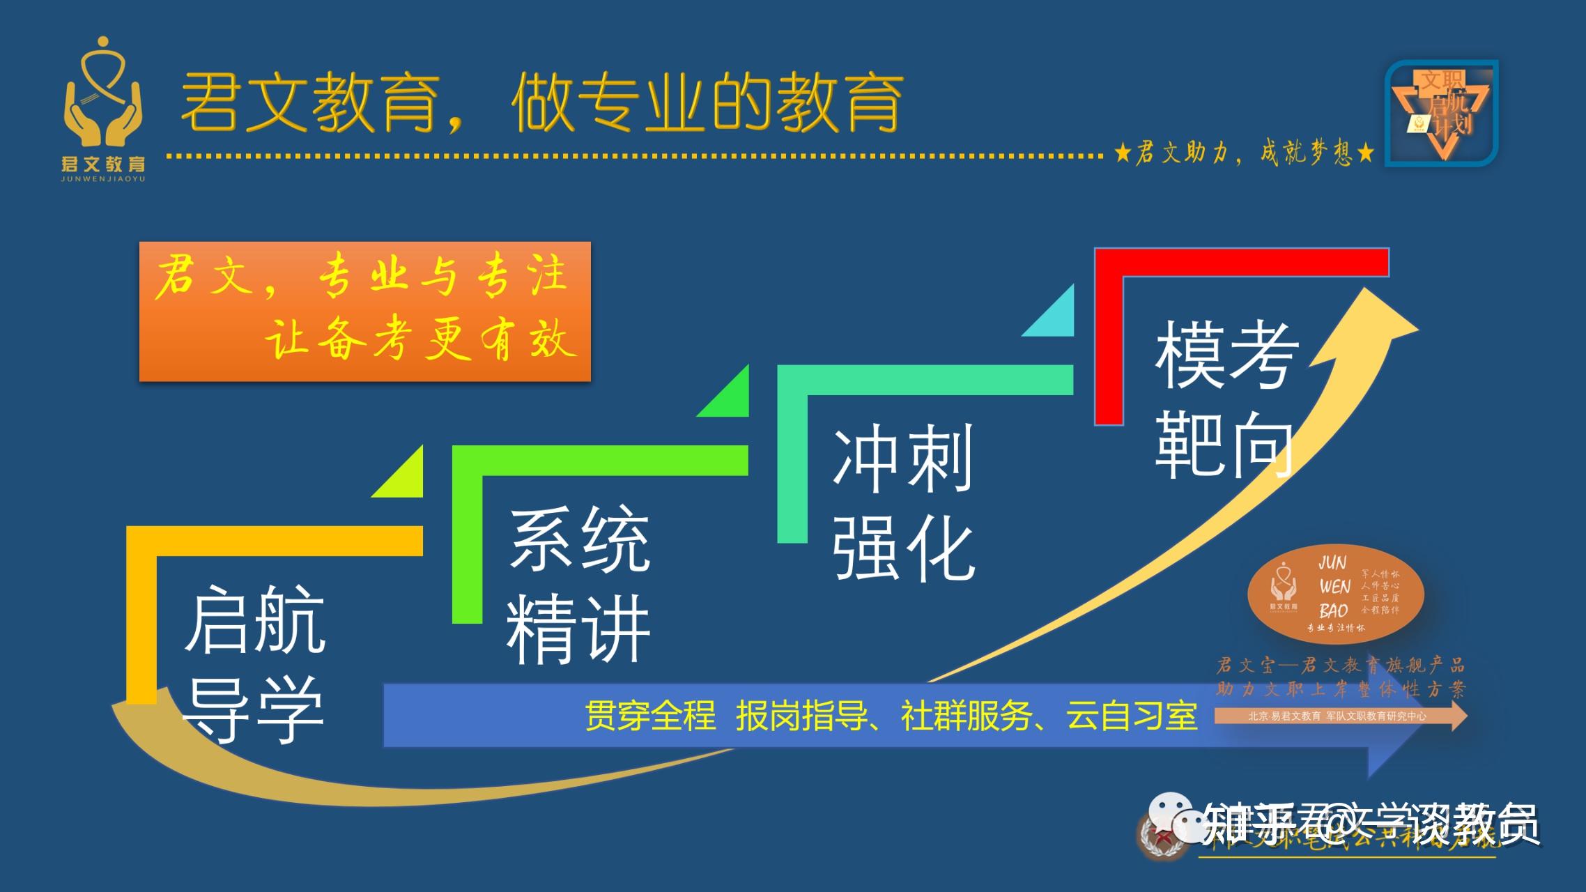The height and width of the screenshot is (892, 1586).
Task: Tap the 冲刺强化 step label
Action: pos(903,502)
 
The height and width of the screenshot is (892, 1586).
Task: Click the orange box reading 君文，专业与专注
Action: pos(364,311)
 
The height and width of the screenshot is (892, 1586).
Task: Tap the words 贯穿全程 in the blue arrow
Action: pos(650,716)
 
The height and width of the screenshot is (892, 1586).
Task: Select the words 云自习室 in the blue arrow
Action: pos(1132,716)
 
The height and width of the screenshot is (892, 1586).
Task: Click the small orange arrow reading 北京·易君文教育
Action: pos(1338,716)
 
